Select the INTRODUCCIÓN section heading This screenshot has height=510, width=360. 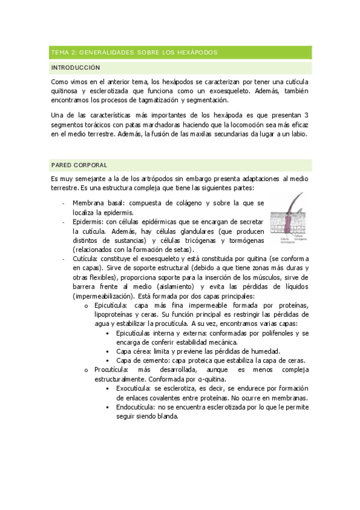(76, 68)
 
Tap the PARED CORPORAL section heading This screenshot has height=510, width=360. (80, 164)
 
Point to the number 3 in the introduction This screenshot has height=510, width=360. (307, 115)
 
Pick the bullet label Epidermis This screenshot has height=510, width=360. (90, 222)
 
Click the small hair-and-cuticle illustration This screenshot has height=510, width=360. (290, 219)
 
